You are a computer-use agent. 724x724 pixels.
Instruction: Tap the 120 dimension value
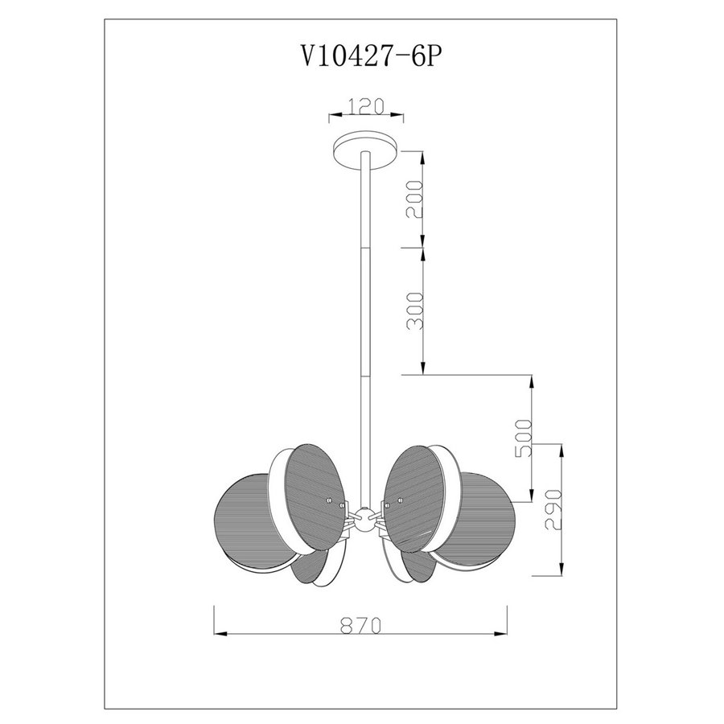point(366,106)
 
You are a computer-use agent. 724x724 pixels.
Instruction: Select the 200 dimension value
point(414,200)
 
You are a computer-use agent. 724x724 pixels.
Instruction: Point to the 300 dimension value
point(414,311)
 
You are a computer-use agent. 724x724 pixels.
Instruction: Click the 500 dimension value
point(524,438)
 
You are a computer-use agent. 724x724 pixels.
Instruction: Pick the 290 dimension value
point(553,510)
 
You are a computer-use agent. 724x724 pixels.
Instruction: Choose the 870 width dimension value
point(361,626)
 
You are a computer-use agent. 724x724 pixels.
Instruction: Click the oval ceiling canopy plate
point(366,150)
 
